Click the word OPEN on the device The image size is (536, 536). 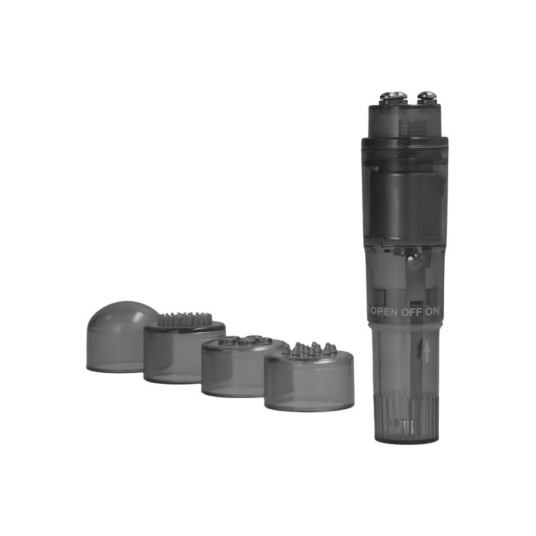tap(384, 312)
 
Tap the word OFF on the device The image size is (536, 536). tap(411, 312)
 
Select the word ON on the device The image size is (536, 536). tap(431, 312)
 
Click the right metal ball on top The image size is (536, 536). tap(427, 97)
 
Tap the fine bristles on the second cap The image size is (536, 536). tap(184, 319)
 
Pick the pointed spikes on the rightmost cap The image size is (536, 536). tap(310, 349)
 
